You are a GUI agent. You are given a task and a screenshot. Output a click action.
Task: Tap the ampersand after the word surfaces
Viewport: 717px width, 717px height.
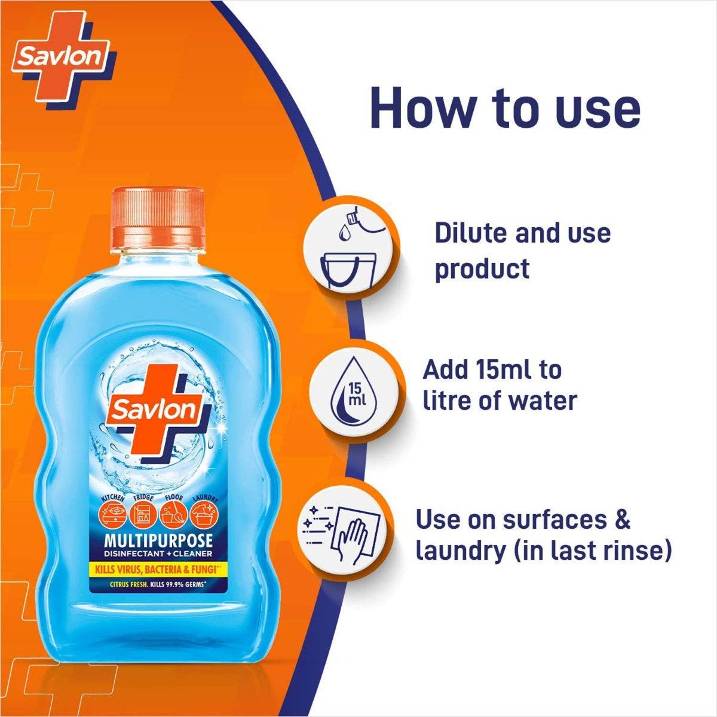point(623,519)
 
